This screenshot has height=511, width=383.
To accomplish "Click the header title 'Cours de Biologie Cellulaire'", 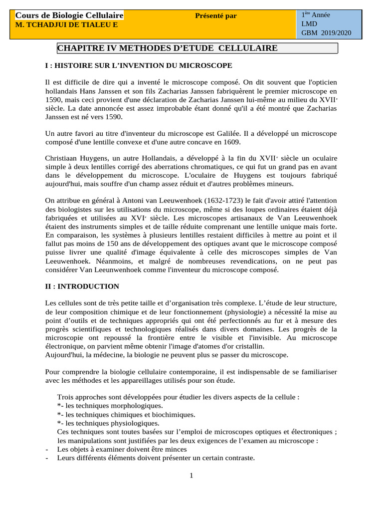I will (x=69, y=16).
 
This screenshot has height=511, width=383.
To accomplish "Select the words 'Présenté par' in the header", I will (x=216, y=16).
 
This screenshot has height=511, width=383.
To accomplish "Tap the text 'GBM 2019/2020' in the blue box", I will (x=326, y=33).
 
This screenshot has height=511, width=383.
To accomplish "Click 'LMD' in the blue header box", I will (x=309, y=24).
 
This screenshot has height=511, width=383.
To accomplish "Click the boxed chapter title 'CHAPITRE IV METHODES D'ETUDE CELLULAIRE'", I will (x=168, y=48).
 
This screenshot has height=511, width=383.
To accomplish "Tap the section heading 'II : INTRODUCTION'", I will (x=82, y=286).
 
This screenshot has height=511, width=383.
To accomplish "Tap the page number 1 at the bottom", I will (x=191, y=476).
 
